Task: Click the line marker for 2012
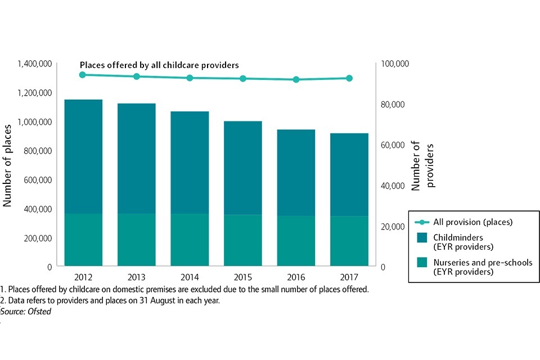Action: (83, 75)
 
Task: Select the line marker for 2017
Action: (349, 78)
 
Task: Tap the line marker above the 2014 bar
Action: (190, 78)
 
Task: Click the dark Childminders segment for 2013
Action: (137, 158)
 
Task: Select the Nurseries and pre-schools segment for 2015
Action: (243, 240)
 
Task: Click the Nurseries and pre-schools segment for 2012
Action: (83, 240)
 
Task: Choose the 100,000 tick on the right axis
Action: (396, 64)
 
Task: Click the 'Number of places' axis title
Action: (8, 165)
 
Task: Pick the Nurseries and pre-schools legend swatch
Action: (423, 263)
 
